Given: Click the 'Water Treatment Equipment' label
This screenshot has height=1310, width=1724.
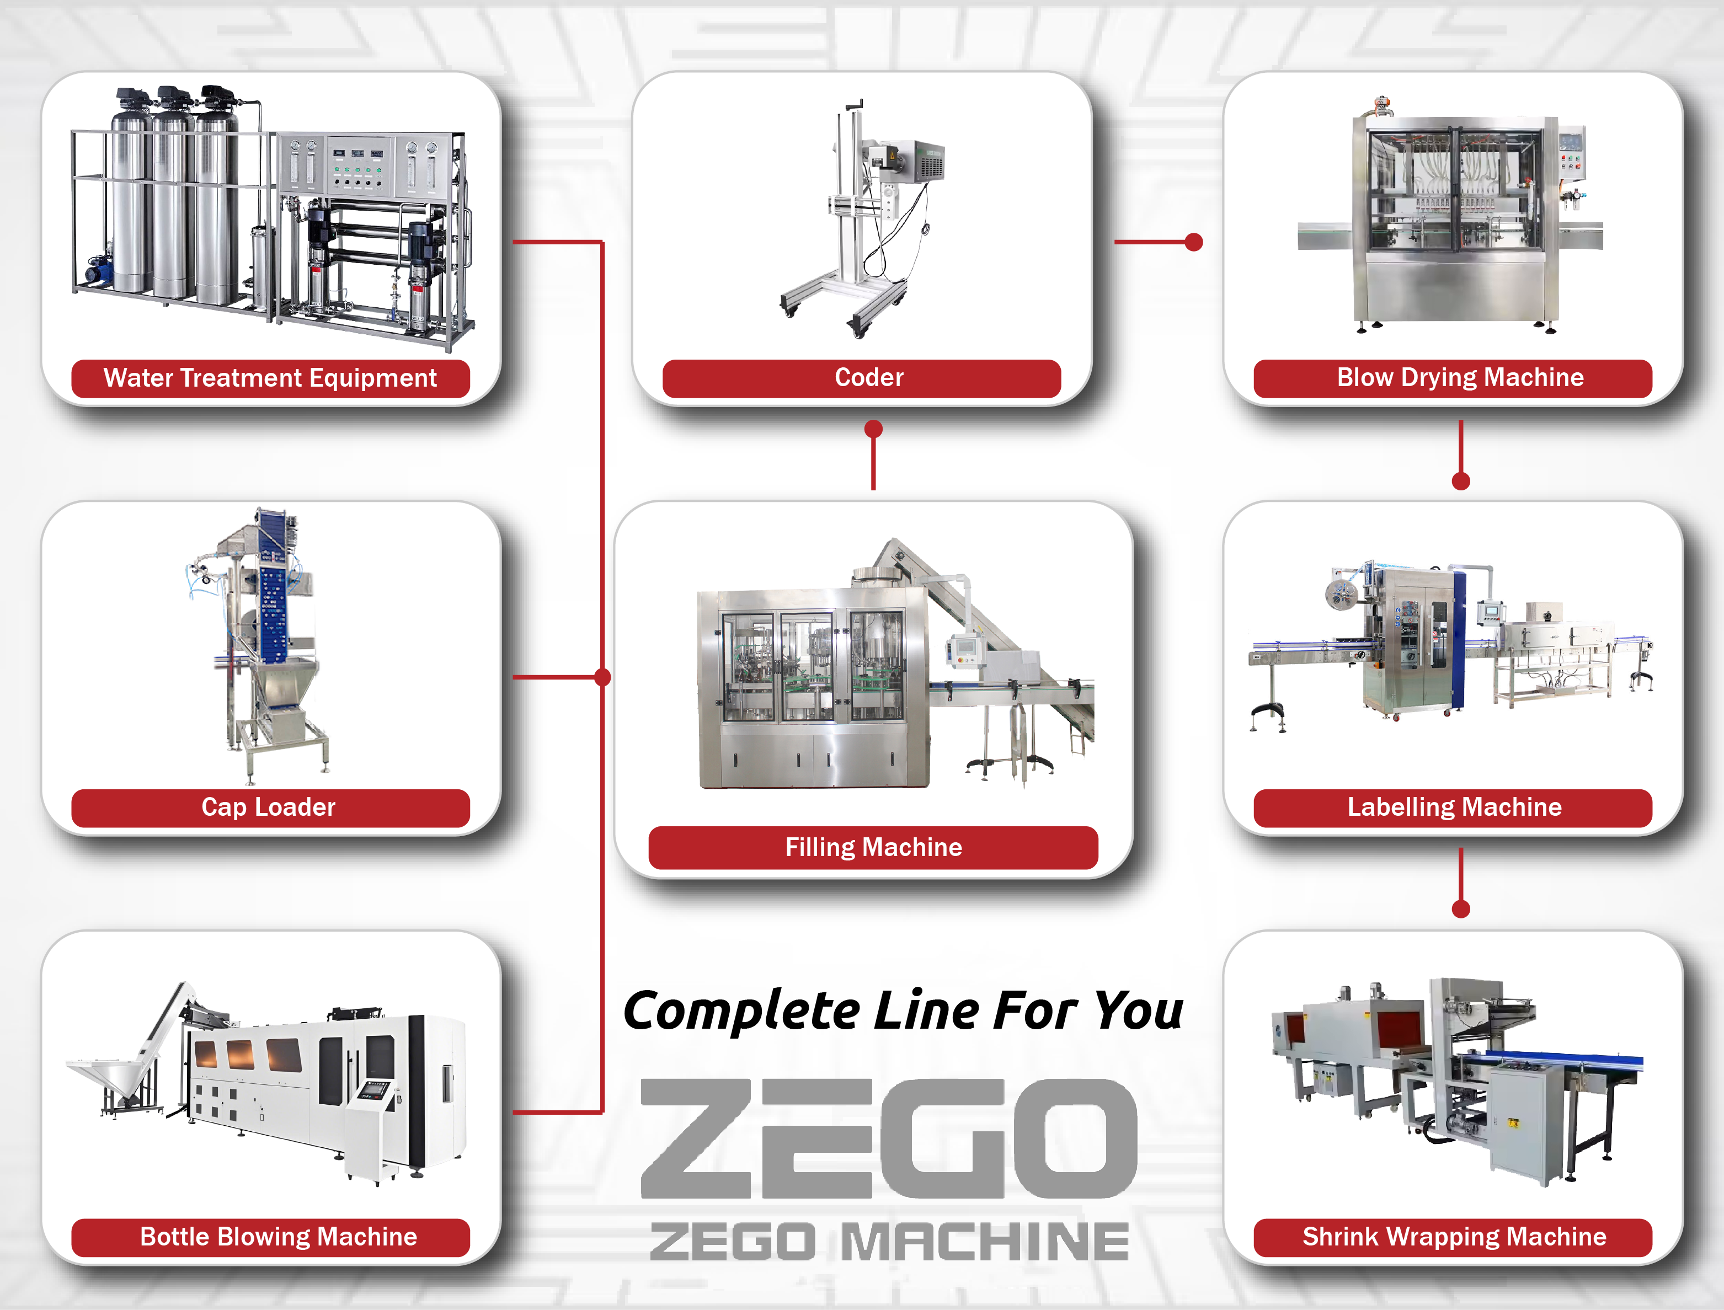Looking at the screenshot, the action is click(x=270, y=378).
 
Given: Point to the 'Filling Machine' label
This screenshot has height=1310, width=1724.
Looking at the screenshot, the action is click(x=873, y=848).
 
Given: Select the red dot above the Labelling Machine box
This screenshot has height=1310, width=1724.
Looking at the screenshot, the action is click(x=1460, y=481).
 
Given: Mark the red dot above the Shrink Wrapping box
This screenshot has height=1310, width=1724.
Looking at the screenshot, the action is click(x=1460, y=908).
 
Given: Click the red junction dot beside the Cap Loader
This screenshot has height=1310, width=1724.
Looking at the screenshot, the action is click(x=602, y=677).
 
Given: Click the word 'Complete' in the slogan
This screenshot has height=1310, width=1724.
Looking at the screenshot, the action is click(x=741, y=1012).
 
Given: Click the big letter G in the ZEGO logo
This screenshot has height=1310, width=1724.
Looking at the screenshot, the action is click(x=943, y=1138).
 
